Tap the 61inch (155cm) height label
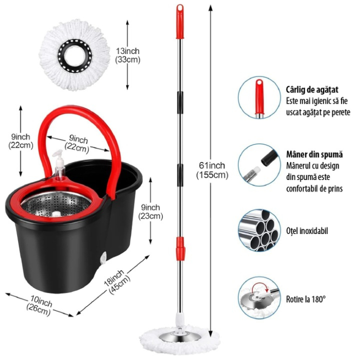point(211,169)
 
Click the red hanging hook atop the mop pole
point(180,22)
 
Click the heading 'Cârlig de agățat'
point(312,89)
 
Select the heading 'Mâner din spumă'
point(311,154)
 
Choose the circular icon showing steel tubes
point(259,229)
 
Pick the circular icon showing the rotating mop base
point(259,298)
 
